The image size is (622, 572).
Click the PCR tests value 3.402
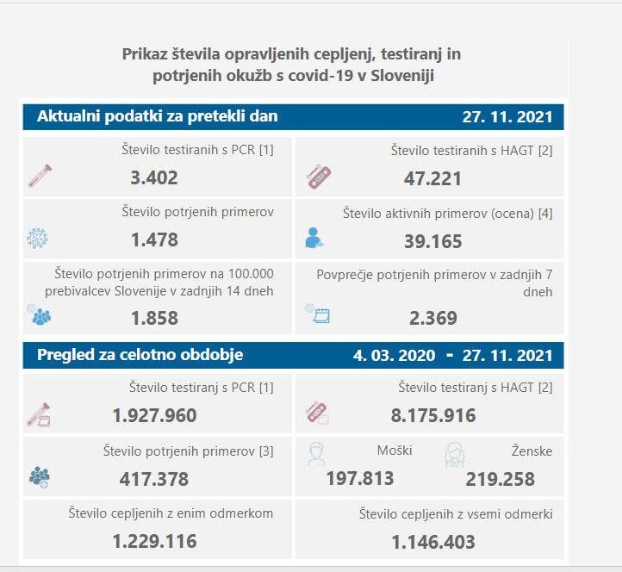click(x=154, y=178)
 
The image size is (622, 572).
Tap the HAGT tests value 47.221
click(x=432, y=178)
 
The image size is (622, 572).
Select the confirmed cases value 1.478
click(x=154, y=241)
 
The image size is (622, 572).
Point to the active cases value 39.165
click(x=432, y=241)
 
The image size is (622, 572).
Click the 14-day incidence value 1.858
click(x=154, y=318)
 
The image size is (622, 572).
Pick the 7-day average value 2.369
click(x=432, y=318)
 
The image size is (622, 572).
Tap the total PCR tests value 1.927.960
click(x=154, y=416)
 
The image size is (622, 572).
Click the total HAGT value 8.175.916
click(x=432, y=416)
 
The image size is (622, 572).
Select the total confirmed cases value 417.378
click(x=154, y=479)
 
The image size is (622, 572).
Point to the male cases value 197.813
click(x=360, y=479)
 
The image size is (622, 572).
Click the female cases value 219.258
click(x=501, y=479)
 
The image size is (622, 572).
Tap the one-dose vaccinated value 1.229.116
click(x=154, y=542)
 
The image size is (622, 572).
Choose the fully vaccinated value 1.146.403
click(x=432, y=542)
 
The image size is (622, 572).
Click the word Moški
click(x=395, y=451)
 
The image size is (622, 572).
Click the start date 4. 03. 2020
click(x=391, y=355)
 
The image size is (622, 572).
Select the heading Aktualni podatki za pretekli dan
click(x=158, y=116)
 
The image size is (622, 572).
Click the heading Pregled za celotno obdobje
click(x=140, y=355)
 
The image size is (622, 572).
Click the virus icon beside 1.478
click(x=37, y=239)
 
